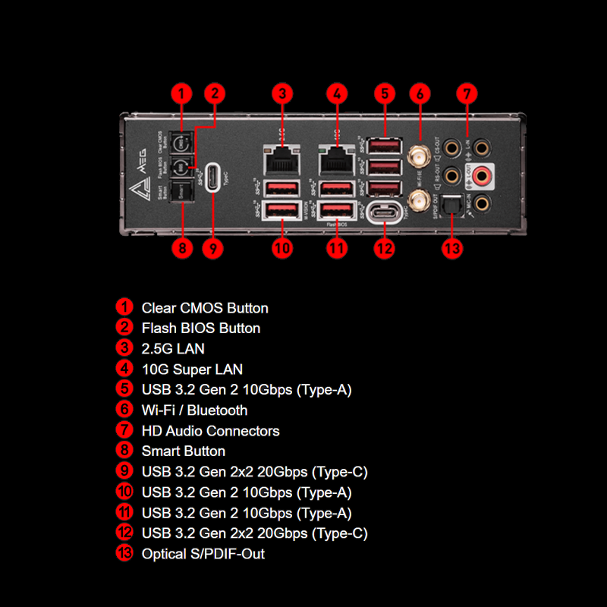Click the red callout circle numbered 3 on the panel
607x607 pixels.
[282, 94]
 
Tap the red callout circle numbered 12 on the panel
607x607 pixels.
[385, 247]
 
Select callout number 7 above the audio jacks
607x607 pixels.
[467, 94]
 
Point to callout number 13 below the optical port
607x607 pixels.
[452, 247]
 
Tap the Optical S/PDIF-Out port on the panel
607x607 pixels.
[452, 205]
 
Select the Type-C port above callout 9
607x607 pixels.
[214, 176]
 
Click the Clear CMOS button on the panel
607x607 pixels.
[181, 143]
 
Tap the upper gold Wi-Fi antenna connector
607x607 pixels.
[418, 157]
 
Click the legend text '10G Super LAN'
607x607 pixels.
[192, 370]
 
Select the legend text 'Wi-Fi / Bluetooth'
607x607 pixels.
[194, 410]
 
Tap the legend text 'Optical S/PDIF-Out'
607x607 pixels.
[203, 554]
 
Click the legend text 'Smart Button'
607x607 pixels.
[183, 451]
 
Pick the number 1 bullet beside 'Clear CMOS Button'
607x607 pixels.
[124, 308]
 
